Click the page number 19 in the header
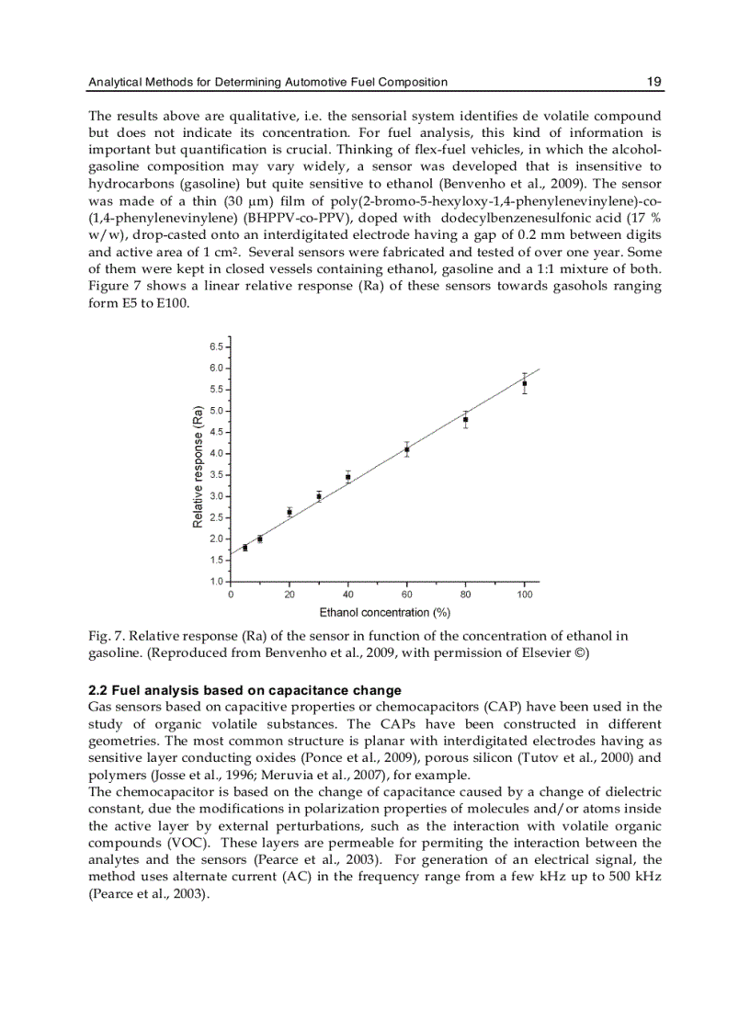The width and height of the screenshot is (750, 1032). point(653,82)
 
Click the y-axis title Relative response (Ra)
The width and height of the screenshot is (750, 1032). point(198,467)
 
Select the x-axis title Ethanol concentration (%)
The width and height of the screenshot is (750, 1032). point(384,612)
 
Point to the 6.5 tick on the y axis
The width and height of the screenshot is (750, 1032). point(217,346)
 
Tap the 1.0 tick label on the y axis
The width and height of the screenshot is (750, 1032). point(217,582)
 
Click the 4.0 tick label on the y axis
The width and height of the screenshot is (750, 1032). point(217,454)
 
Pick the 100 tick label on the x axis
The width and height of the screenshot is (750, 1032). point(525,595)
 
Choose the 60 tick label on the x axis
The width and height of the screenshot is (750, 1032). point(407,595)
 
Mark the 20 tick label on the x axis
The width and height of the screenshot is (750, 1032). point(290,595)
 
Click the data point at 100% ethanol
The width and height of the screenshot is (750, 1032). point(525,383)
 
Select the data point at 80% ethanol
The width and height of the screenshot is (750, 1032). point(466,419)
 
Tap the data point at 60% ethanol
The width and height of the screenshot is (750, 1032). point(407,449)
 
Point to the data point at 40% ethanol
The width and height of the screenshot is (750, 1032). point(348,476)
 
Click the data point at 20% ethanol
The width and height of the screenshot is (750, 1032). point(290,512)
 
